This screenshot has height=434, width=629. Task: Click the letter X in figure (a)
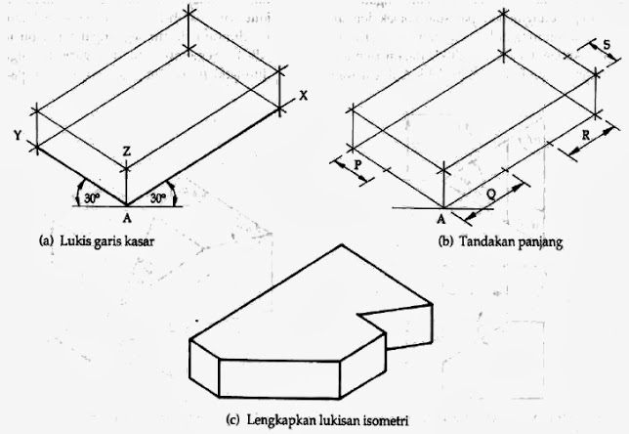[x=304, y=96]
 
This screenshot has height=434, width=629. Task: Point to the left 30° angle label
[x=90, y=197]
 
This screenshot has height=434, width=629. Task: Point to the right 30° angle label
[x=156, y=197]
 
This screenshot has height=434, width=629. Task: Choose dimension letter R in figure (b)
[x=584, y=137]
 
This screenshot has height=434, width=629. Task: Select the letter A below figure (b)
[x=440, y=218]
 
